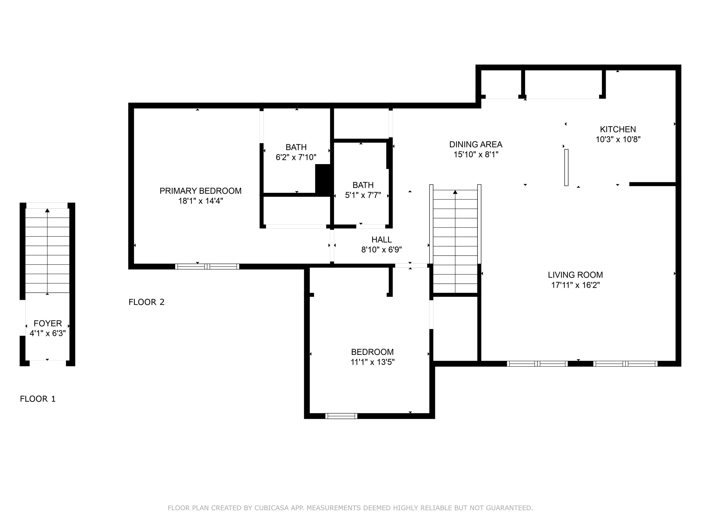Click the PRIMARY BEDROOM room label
click(x=200, y=191)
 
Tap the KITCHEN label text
click(x=618, y=129)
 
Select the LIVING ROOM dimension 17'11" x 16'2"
click(x=575, y=285)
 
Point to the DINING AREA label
click(x=476, y=144)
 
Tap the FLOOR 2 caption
click(x=147, y=302)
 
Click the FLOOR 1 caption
click(x=38, y=399)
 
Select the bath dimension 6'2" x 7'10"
click(x=296, y=157)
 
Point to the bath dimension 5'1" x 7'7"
click(x=363, y=195)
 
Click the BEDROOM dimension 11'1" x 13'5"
click(x=372, y=362)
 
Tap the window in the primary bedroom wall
click(x=207, y=266)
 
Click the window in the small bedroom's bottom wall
click(x=341, y=416)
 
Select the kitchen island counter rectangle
click(x=566, y=167)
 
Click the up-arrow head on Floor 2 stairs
click(x=455, y=192)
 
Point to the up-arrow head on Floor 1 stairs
click(x=47, y=210)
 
